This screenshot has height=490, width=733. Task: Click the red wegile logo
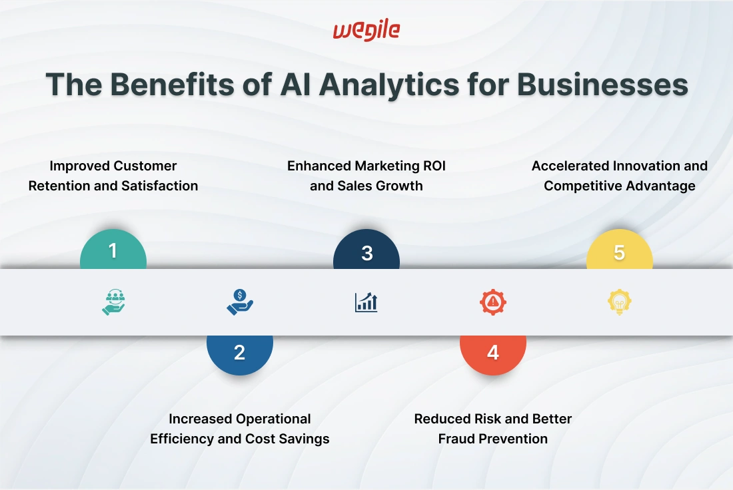pos(366,31)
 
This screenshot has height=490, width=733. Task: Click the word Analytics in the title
pos(389,85)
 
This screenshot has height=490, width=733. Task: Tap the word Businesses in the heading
pos(602,85)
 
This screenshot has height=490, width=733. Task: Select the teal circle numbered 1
pos(113,249)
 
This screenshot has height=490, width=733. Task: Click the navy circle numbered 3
pos(366,249)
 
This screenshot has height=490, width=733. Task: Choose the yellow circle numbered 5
pos(620,249)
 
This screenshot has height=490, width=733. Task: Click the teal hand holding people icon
pos(113,302)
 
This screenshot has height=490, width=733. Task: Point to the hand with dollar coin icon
pos(240,302)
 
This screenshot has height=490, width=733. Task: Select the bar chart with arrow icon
pos(366,302)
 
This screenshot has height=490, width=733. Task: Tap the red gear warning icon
pos(493,302)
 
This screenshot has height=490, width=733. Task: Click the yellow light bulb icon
pos(620,302)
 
